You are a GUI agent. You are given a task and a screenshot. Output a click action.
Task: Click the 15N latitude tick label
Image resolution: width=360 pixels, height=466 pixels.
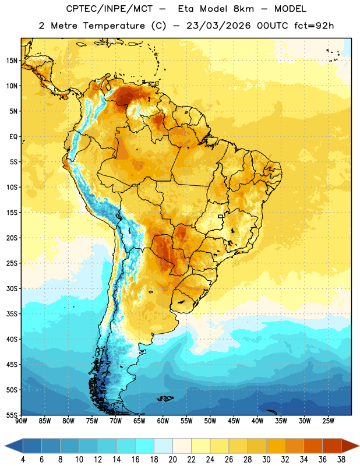coord(12,61)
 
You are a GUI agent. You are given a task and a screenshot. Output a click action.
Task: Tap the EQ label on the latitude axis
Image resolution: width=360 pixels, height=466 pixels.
coord(13,137)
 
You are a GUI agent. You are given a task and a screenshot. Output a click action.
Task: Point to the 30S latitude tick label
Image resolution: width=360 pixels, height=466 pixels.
coord(12,288)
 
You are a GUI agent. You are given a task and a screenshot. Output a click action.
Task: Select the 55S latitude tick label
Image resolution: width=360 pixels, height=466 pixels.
coord(12,415)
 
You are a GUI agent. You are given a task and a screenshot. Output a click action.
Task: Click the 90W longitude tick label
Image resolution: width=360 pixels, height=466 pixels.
coord(21,421)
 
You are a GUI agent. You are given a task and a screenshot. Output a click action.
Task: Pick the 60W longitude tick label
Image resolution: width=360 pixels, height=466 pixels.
coord(163,421)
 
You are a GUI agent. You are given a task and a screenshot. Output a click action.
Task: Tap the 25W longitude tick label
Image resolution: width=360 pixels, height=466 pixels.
coord(328,421)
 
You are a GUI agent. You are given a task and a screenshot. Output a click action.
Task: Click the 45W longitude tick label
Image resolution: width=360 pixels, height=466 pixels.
coord(234,421)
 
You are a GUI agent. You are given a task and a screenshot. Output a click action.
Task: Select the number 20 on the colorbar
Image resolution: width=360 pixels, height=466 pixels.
coord(172,460)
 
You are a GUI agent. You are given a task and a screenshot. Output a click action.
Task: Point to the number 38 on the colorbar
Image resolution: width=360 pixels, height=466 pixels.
coord(341,460)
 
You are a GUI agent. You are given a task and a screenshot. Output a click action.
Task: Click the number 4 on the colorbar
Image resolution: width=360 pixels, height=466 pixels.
coord(23,460)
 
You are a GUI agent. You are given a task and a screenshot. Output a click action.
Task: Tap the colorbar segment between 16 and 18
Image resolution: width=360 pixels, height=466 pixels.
coord(145,446)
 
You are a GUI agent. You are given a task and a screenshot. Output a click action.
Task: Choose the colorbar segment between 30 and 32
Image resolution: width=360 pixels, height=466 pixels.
coord(276,446)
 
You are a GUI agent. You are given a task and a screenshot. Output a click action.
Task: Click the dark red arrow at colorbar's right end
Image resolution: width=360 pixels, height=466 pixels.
coord(350,446)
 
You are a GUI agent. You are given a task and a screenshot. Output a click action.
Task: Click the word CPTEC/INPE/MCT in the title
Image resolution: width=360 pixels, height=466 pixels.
coord(110,9)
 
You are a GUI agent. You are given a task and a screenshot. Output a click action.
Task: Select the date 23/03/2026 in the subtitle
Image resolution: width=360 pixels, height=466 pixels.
coord(218,26)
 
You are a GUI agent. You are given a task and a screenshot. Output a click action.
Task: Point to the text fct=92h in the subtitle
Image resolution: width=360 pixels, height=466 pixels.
coord(314,26)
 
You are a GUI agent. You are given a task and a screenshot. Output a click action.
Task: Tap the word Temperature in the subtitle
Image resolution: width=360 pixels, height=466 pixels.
coord(114,26)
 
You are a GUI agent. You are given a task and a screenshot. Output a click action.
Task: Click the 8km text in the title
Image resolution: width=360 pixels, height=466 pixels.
coord(243,9)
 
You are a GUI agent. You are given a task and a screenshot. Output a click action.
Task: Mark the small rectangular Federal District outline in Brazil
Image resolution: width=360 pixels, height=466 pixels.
coord(221,216)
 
